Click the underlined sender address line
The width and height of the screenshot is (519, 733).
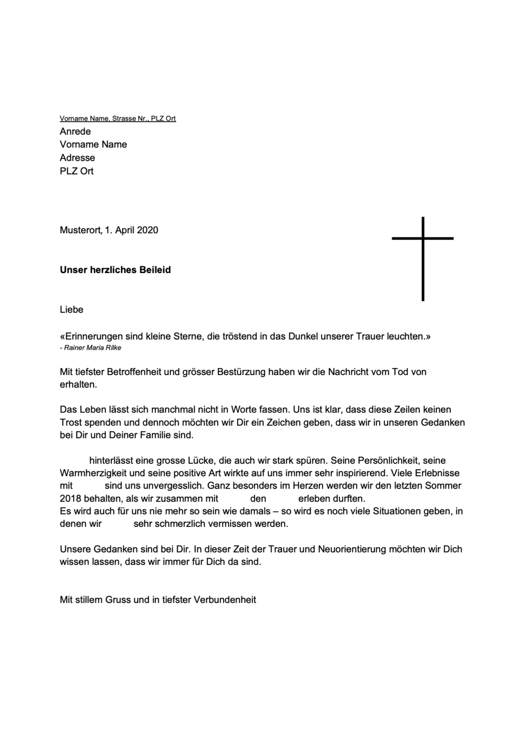tap(117, 118)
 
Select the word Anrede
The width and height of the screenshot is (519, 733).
tap(75, 131)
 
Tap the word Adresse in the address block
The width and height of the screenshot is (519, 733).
tap(77, 157)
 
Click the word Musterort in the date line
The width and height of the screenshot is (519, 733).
tap(80, 230)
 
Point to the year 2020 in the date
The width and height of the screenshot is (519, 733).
tap(148, 230)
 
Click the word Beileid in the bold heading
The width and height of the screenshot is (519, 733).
tap(155, 270)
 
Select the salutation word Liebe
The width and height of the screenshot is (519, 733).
tap(71, 310)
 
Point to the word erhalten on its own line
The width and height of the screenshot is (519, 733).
tap(78, 384)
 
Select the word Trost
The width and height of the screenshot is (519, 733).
tap(71, 422)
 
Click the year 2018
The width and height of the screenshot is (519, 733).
tap(71, 499)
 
